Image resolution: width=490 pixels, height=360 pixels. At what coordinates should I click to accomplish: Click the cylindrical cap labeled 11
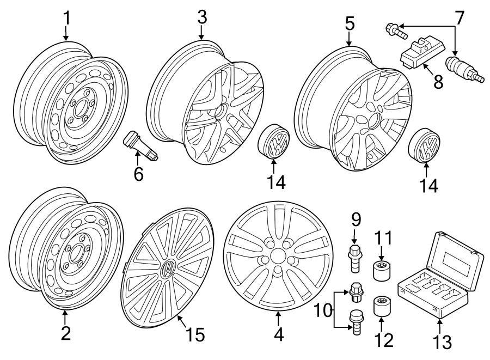(x=381, y=269)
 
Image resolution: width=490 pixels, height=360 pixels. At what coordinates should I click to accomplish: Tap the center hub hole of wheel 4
(x=278, y=255)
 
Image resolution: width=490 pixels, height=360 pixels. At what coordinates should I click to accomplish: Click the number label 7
(x=460, y=19)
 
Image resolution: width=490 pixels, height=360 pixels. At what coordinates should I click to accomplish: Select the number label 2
(x=65, y=333)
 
